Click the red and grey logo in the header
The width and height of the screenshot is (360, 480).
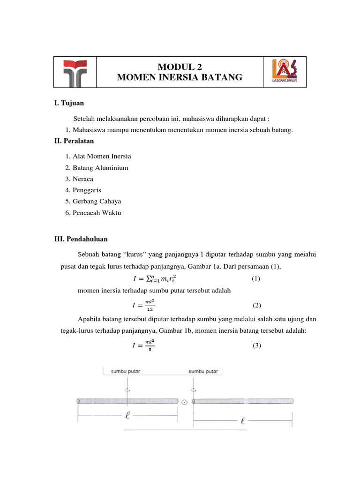pyautogui.click(x=75, y=72)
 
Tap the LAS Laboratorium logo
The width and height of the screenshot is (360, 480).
pyautogui.click(x=285, y=72)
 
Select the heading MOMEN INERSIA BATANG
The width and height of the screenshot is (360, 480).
pyautogui.click(x=180, y=77)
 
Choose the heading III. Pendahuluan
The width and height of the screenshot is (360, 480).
pyautogui.click(x=81, y=239)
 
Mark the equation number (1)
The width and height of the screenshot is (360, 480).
pyautogui.click(x=255, y=279)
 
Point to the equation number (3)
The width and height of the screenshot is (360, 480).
pyautogui.click(x=256, y=346)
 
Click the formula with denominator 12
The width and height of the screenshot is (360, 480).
pyautogui.click(x=143, y=306)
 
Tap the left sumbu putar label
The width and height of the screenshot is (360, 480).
pyautogui.click(x=125, y=372)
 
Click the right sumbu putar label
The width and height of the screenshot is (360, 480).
pyautogui.click(x=203, y=372)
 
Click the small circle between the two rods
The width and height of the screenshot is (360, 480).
pyautogui.click(x=185, y=402)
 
